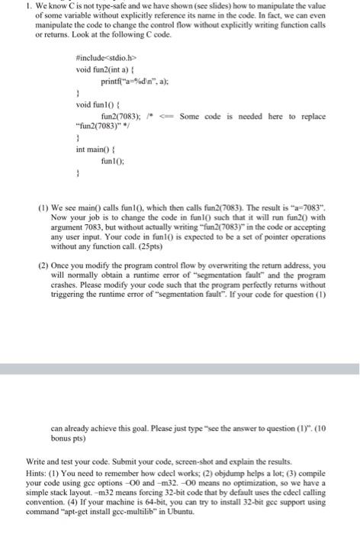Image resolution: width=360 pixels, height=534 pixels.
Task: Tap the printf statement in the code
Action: click(130, 80)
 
